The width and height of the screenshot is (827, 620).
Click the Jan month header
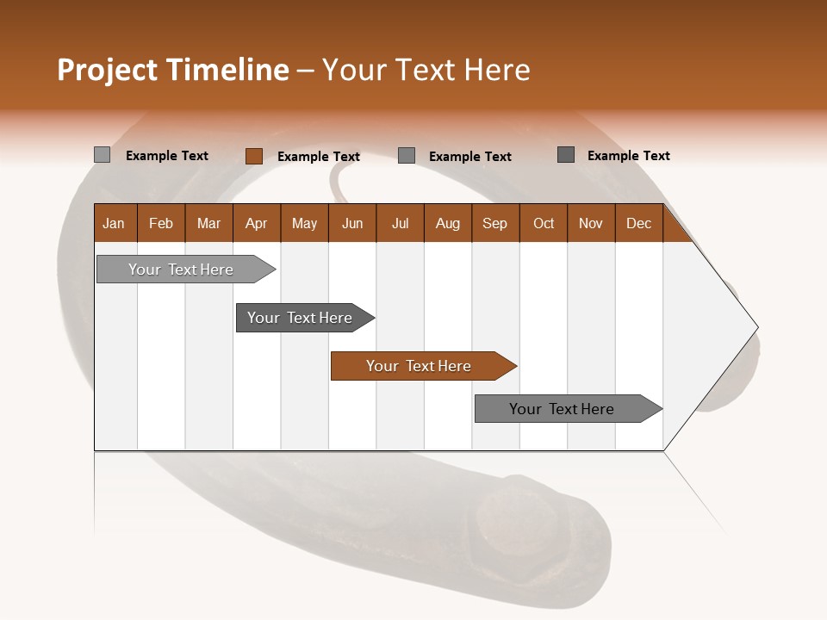115,223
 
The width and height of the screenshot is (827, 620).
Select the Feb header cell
161,223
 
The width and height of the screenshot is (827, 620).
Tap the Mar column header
208,223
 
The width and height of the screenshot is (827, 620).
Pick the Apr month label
257,223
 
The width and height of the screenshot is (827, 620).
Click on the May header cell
304,223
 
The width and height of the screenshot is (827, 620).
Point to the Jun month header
352,223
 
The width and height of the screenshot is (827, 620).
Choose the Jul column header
400,223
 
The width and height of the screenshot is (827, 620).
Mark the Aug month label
448,223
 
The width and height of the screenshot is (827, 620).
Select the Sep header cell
495,223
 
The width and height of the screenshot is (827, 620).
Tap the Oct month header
544,223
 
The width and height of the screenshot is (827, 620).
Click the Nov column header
591,223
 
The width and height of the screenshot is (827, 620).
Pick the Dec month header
639,223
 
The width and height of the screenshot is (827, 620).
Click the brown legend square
253,156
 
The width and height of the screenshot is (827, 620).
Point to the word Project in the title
107,70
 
